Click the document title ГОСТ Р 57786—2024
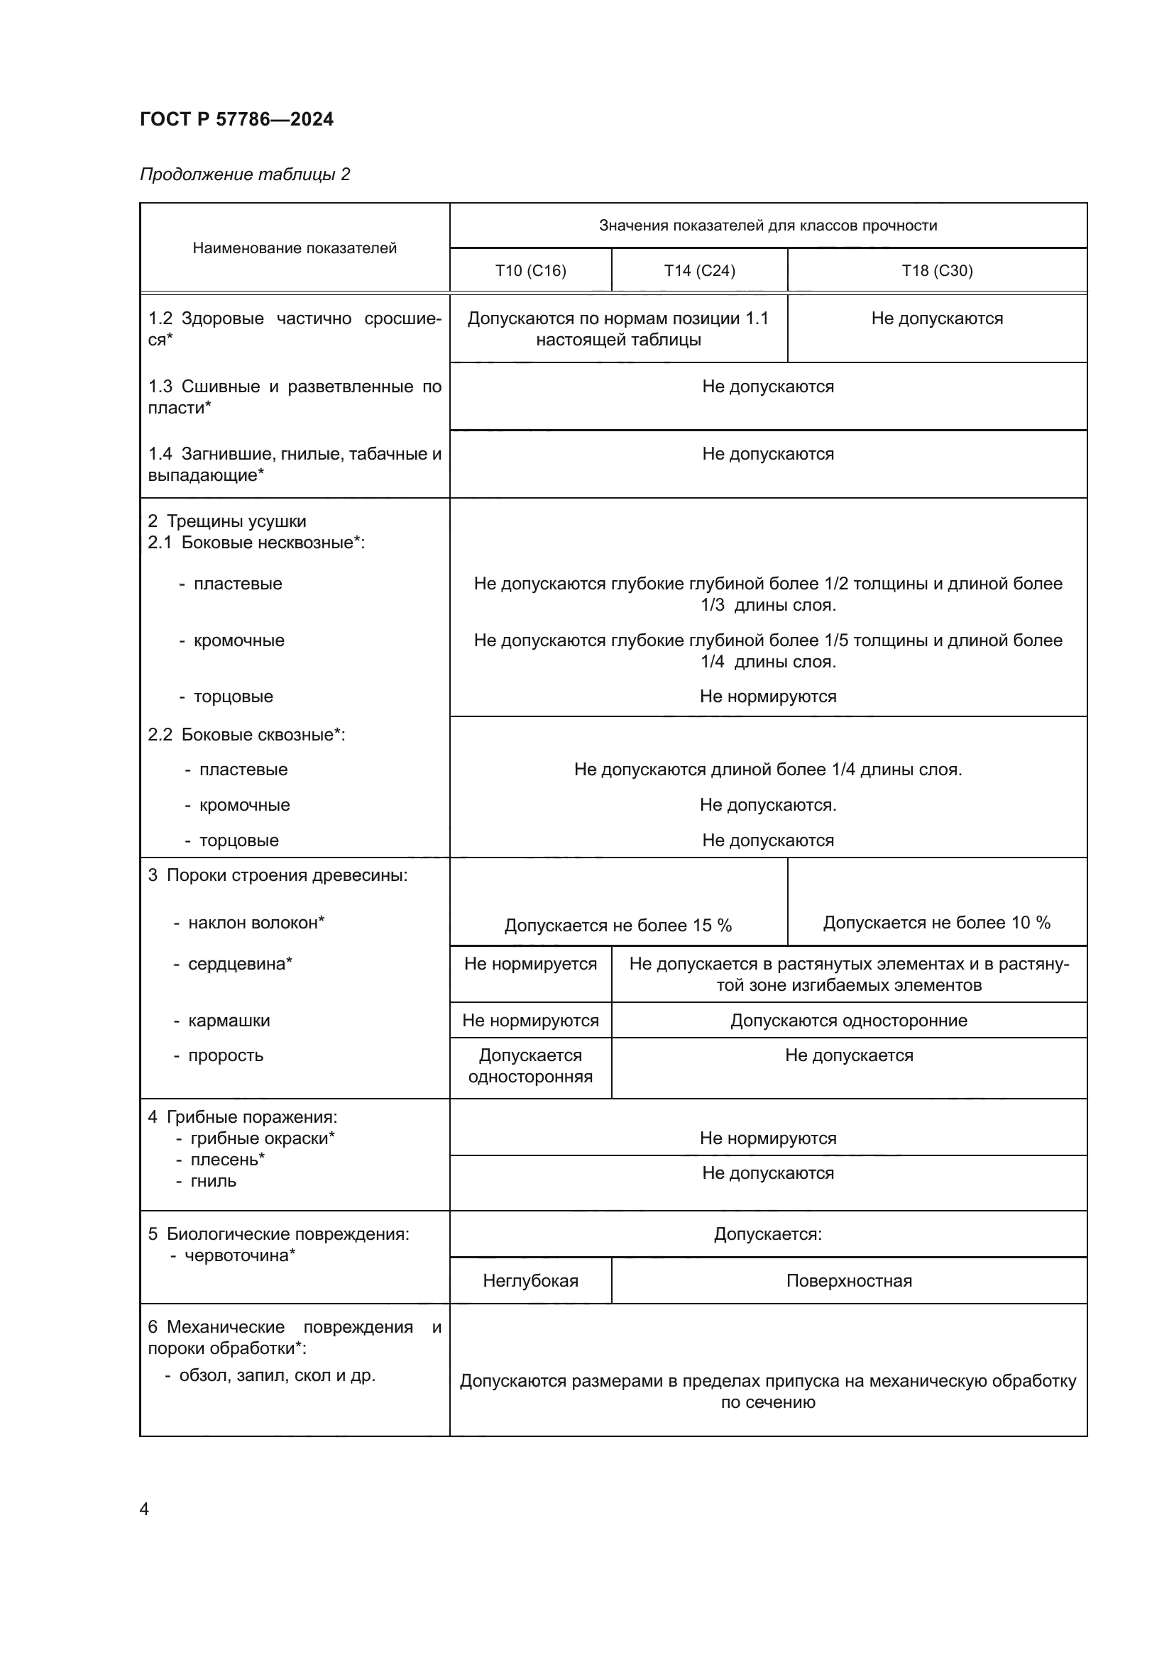pyautogui.click(x=236, y=119)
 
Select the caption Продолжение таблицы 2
pyautogui.click(x=244, y=174)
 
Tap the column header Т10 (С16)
pyautogui.click(x=530, y=270)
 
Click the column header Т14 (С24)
pyautogui.click(x=699, y=270)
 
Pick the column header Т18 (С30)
pyautogui.click(x=936, y=270)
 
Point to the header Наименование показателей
pyautogui.click(x=295, y=248)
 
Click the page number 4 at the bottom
pyautogui.click(x=144, y=1509)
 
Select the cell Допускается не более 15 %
pyautogui.click(x=618, y=925)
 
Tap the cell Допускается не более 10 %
pyautogui.click(x=936, y=922)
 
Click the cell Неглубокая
pyautogui.click(x=530, y=1280)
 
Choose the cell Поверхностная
pyautogui.click(x=849, y=1280)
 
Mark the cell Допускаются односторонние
pyautogui.click(x=849, y=1020)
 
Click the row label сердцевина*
pyautogui.click(x=239, y=963)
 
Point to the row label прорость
pyautogui.click(x=225, y=1055)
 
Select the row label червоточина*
pyautogui.click(x=239, y=1255)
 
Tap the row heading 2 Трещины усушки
pyautogui.click(x=227, y=521)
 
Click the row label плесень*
pyautogui.click(x=227, y=1159)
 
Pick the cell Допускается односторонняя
pyautogui.click(x=530, y=1066)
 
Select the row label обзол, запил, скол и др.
pyautogui.click(x=277, y=1375)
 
